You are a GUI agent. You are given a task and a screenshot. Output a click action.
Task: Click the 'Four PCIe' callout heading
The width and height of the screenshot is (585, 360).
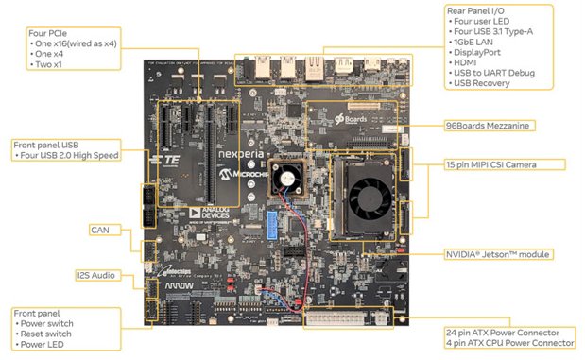[x=51, y=33]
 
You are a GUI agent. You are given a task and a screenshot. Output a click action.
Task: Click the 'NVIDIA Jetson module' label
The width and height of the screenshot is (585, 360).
[x=497, y=254]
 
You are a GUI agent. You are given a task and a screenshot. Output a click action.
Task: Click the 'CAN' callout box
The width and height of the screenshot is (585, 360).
[x=100, y=230]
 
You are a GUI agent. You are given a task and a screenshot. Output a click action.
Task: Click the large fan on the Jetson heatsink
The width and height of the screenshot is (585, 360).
[x=367, y=198]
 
